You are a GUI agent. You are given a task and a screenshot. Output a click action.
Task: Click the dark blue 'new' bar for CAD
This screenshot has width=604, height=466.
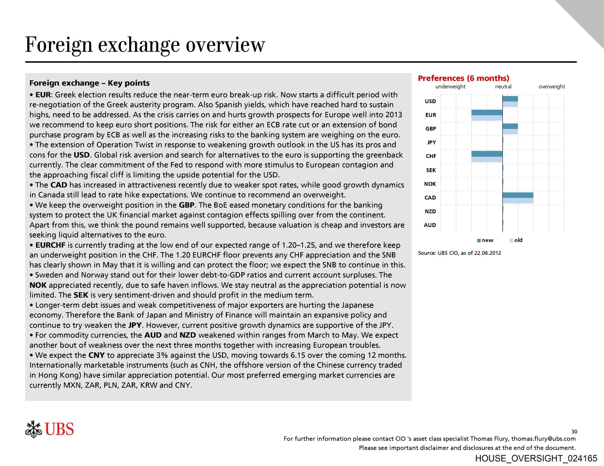517,195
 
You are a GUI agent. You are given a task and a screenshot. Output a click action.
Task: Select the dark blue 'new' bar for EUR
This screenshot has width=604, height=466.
487,112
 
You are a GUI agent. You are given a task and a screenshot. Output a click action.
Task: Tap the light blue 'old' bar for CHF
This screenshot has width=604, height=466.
487,159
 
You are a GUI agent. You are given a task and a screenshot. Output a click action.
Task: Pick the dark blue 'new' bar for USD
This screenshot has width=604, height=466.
510,99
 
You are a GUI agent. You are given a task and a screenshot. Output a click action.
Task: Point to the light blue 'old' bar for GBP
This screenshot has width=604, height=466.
510,132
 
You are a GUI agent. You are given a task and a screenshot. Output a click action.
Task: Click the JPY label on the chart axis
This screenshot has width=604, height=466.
431,142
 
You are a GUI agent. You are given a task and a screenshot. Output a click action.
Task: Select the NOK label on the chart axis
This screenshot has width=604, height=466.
430,184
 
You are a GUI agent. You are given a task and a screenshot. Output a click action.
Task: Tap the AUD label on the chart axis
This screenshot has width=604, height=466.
430,225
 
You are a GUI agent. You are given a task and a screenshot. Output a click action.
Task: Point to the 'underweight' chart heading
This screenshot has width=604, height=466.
450,87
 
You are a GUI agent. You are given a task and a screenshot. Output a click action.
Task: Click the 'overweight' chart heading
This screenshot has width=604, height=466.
551,87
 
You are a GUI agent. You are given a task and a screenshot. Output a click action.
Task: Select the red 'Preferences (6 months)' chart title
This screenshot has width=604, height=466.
463,78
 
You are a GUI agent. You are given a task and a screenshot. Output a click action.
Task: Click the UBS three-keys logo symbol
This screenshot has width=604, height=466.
33,429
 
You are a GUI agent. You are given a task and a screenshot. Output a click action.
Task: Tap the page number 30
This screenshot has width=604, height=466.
574,432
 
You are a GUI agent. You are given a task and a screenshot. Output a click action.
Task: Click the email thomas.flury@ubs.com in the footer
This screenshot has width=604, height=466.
543,439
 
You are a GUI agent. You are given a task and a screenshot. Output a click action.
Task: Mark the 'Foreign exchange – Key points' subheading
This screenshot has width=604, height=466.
89,83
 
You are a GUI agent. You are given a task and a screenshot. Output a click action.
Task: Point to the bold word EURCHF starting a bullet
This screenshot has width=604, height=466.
50,245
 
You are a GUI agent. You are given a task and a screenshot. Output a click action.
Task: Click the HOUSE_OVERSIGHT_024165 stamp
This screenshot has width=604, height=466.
536,458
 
